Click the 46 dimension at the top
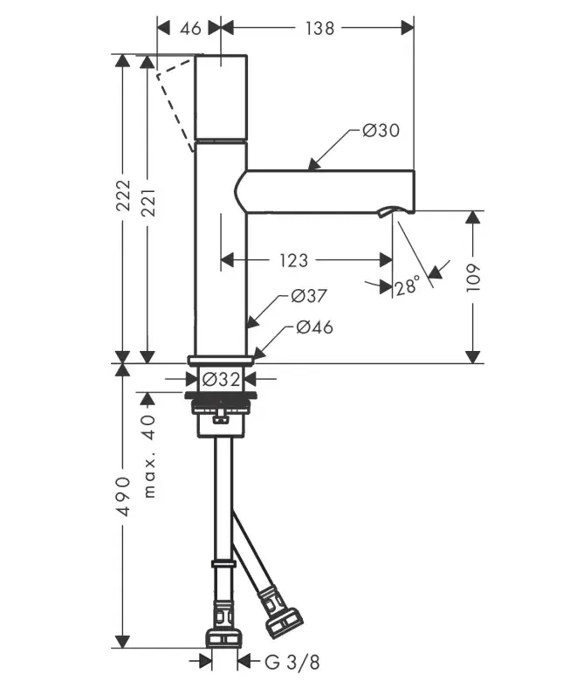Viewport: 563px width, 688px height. click(189, 28)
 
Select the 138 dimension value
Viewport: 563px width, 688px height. click(320, 28)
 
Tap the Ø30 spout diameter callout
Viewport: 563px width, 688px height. click(381, 131)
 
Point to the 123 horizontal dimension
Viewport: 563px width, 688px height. click(294, 260)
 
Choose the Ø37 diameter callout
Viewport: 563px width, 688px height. click(308, 296)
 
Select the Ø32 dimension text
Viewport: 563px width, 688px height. click(221, 380)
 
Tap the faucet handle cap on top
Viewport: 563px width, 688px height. click(220, 96)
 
